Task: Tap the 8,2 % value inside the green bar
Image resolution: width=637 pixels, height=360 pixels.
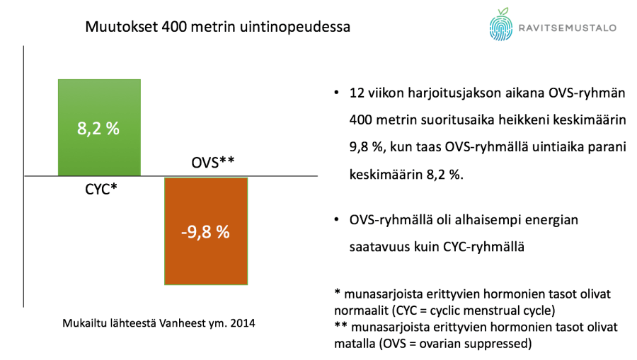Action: tap(98, 130)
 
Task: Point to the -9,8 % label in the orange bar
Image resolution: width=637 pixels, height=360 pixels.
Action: tap(205, 231)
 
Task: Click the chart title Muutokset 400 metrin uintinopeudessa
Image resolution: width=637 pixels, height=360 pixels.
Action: tap(217, 28)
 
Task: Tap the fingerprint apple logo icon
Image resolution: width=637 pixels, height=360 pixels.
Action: tap(501, 26)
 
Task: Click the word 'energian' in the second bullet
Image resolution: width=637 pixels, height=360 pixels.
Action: tap(553, 221)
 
